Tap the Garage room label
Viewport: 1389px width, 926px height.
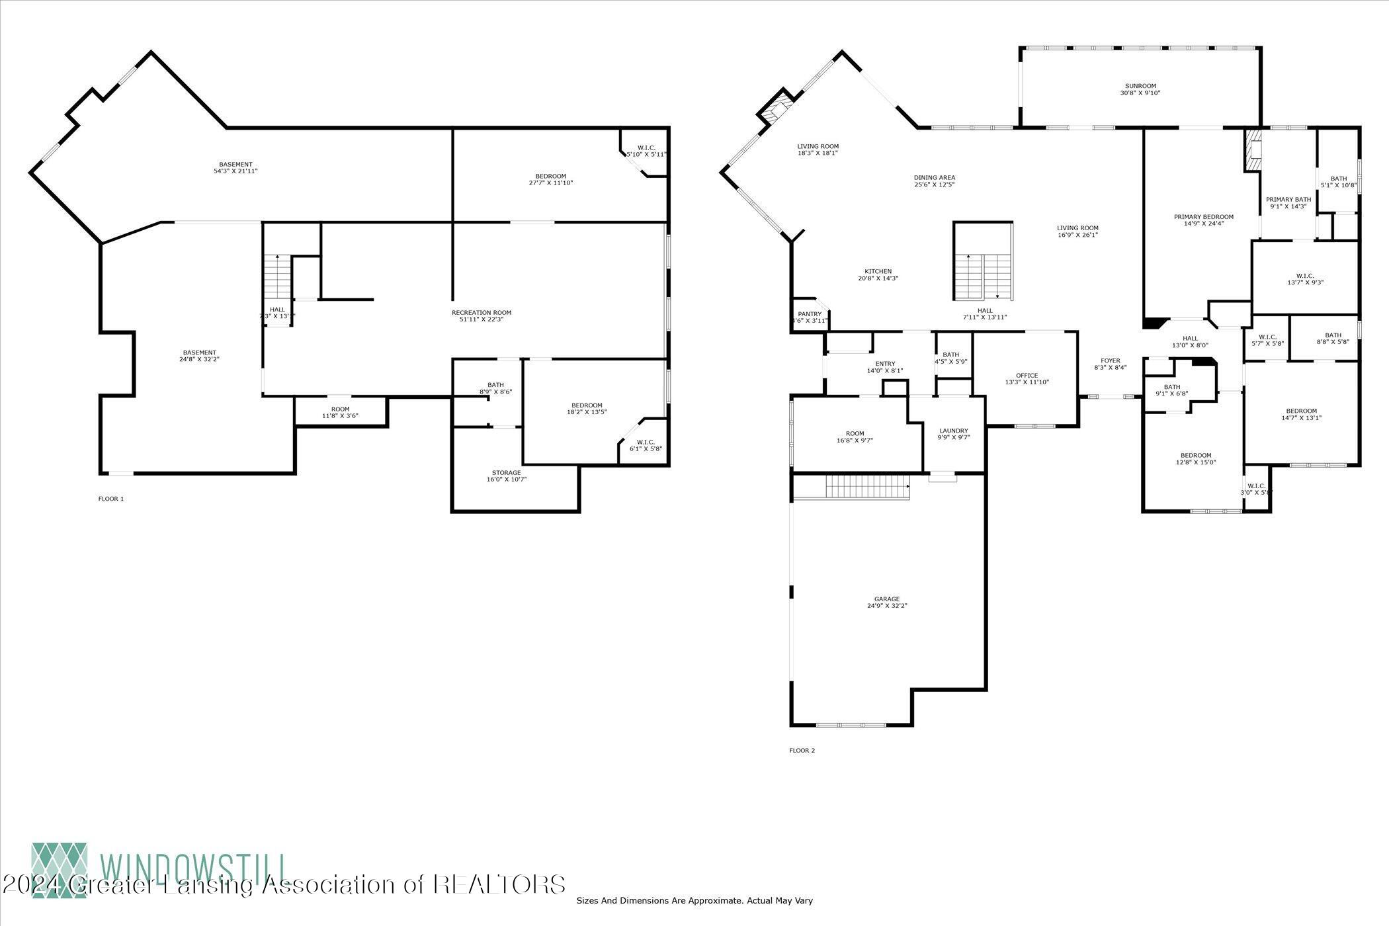click(x=887, y=602)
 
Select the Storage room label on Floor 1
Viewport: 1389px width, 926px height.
click(x=506, y=476)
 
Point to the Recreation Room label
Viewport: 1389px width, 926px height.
click(x=481, y=316)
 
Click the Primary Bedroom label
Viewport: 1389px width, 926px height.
click(x=1203, y=220)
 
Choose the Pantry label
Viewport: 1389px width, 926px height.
click(x=810, y=317)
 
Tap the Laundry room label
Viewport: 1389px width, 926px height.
click(x=953, y=434)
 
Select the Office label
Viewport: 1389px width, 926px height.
click(x=1027, y=378)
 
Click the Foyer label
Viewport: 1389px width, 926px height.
click(x=1110, y=364)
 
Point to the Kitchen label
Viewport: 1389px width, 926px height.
click(x=878, y=274)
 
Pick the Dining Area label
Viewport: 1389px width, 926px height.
click(x=934, y=181)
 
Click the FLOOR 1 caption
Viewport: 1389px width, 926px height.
click(x=111, y=499)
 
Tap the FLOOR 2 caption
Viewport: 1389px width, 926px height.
click(x=802, y=750)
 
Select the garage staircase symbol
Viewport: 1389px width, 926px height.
click(x=867, y=488)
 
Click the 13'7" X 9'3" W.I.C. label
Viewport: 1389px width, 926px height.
click(x=1305, y=278)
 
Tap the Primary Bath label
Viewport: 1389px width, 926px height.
click(x=1288, y=202)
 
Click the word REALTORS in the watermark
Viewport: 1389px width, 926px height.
click(x=499, y=884)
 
